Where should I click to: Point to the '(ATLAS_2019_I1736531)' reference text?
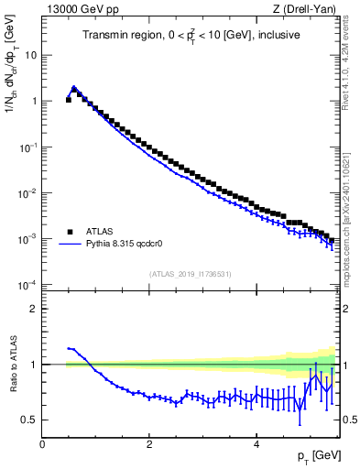189,274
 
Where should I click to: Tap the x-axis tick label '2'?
149,444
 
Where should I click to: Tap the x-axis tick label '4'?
256,444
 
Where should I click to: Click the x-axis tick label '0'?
42,444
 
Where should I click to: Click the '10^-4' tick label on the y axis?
27,284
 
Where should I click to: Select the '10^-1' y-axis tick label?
27,147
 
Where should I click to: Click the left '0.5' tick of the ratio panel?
30,420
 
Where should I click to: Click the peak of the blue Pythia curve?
74,89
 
